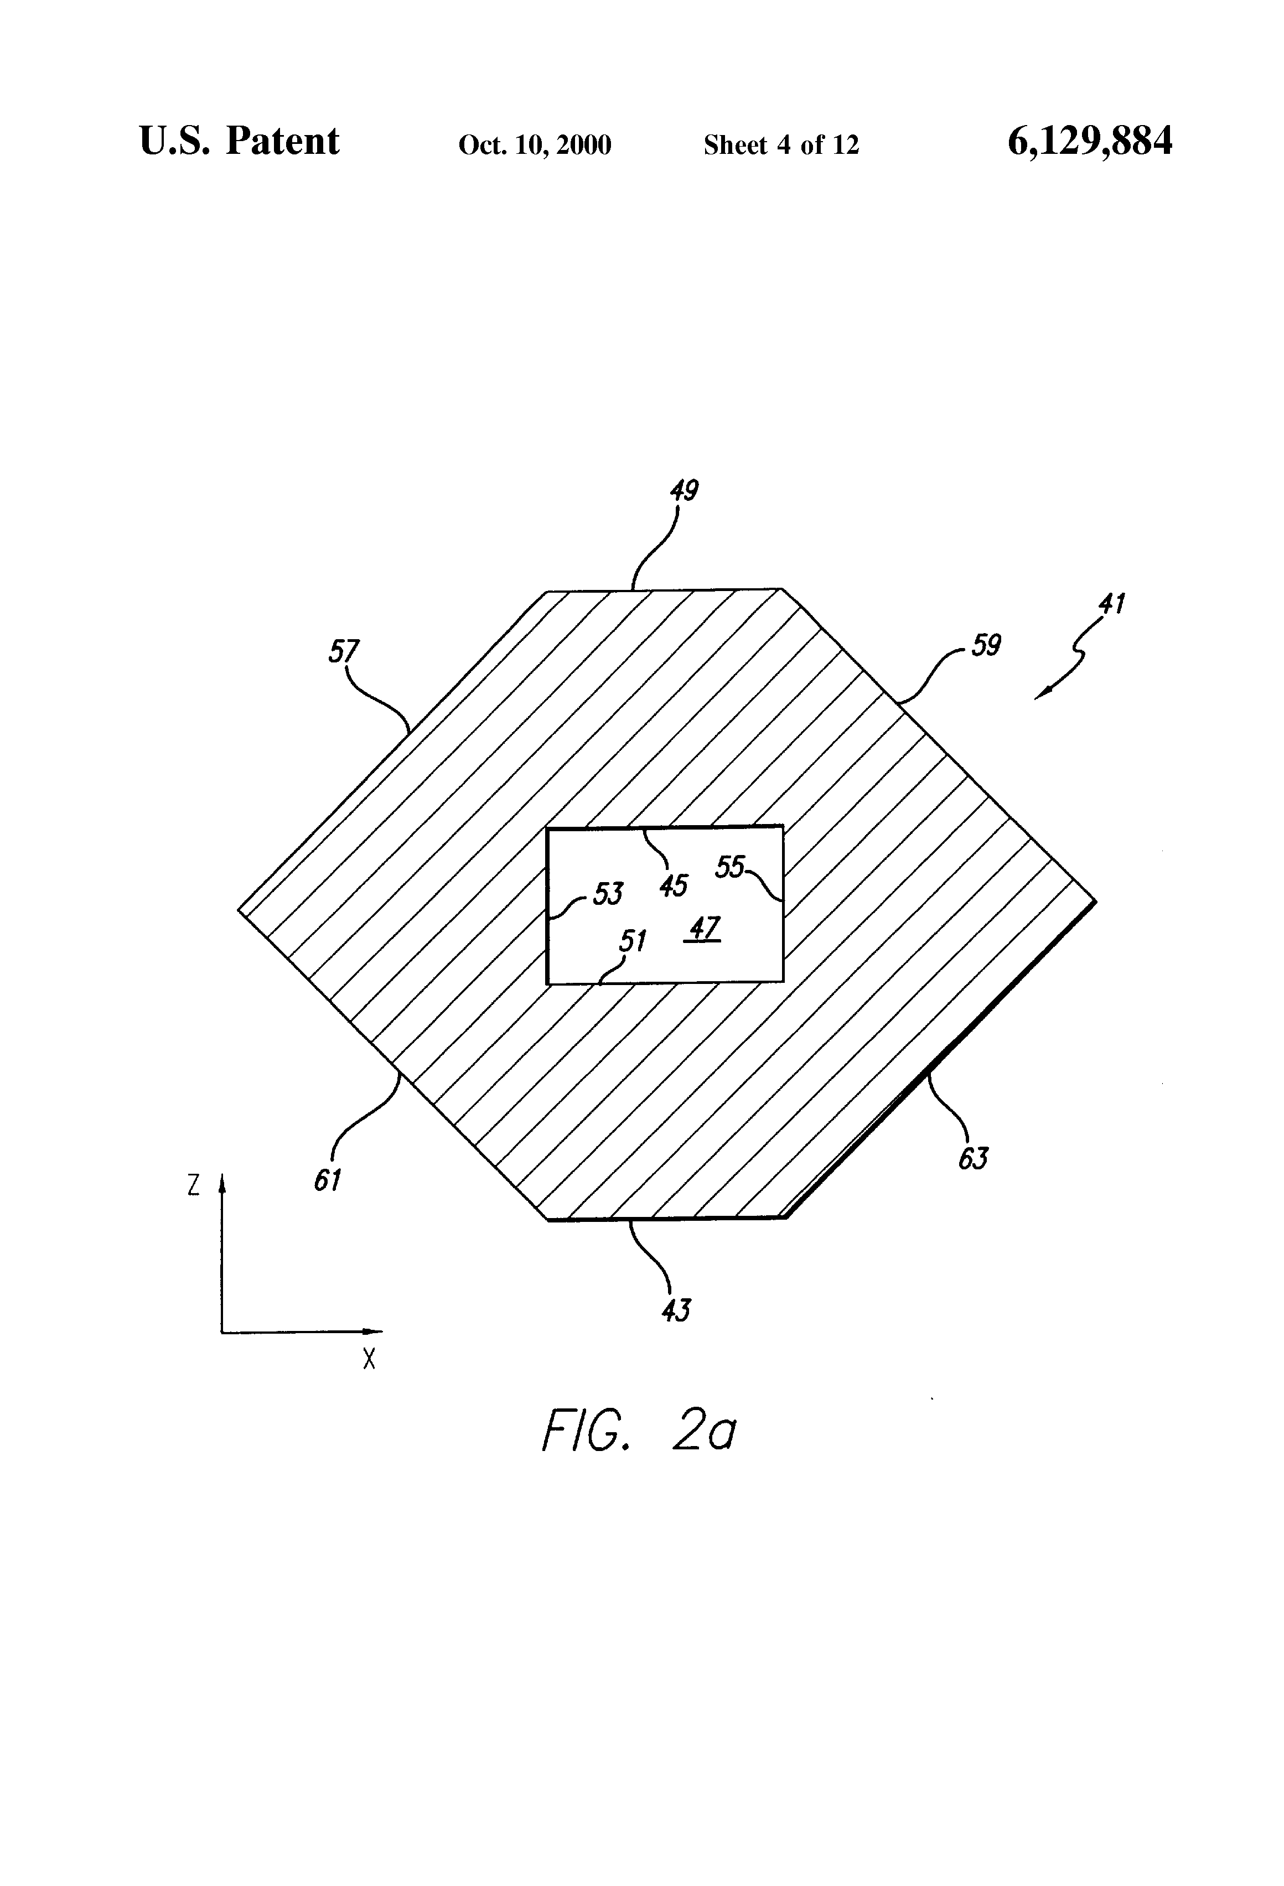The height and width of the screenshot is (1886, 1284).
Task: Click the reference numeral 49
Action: point(684,490)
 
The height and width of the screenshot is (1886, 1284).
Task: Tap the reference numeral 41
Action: point(1111,604)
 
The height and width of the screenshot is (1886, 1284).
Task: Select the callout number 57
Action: point(343,651)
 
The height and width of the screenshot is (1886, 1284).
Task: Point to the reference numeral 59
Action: point(986,645)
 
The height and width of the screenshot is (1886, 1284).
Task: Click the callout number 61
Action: point(327,1180)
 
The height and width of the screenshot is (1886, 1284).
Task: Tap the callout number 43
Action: point(675,1310)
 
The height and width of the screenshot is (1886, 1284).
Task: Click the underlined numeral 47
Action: point(703,928)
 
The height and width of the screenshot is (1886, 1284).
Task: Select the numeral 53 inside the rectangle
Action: point(608,894)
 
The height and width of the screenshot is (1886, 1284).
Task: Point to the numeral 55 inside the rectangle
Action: point(729,868)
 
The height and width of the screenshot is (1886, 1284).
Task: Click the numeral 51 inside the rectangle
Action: point(632,941)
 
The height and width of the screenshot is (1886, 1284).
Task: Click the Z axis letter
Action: point(193,1185)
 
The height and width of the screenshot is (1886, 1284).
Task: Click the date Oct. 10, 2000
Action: point(535,145)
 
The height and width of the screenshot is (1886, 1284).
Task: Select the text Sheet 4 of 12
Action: point(781,145)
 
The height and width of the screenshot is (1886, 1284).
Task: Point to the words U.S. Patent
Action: point(240,141)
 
